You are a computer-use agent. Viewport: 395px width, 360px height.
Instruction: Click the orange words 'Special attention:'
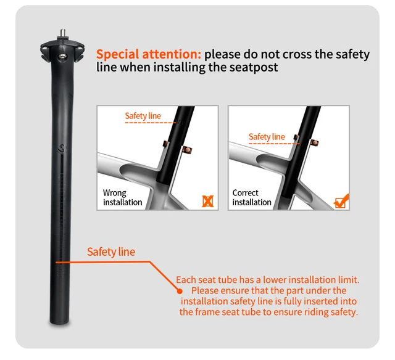[x=148, y=54]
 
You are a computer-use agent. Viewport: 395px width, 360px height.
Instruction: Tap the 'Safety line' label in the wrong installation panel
[x=143, y=116]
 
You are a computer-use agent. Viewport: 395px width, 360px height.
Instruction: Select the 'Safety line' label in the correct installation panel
[x=267, y=137]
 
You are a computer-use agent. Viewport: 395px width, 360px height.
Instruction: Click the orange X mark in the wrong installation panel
[x=209, y=201]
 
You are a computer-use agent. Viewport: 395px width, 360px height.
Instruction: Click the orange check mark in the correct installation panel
[x=340, y=201]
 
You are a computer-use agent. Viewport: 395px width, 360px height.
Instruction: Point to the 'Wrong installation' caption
[x=122, y=197]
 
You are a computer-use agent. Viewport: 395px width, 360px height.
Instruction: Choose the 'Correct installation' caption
[x=252, y=197]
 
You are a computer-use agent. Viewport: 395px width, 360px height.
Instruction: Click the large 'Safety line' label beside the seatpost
[x=110, y=252]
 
